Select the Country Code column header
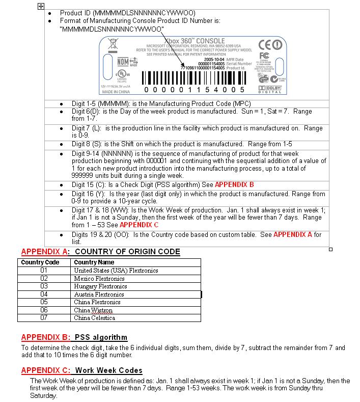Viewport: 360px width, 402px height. click(40, 262)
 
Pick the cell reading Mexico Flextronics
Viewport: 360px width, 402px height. click(99, 279)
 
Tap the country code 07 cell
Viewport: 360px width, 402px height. click(44, 318)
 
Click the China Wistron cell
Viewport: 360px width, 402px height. click(93, 310)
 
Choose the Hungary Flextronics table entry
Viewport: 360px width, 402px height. click(100, 286)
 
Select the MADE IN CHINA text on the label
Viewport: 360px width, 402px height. click(116, 92)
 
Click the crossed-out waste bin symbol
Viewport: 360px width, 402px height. click(113, 46)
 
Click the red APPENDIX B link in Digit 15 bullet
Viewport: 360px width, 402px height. click(234, 184)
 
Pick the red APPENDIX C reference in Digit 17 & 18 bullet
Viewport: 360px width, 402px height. click(139, 224)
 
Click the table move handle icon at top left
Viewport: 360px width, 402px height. click(41, 6)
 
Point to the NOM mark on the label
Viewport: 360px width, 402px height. click(123, 62)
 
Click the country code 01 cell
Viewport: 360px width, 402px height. click(44, 271)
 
